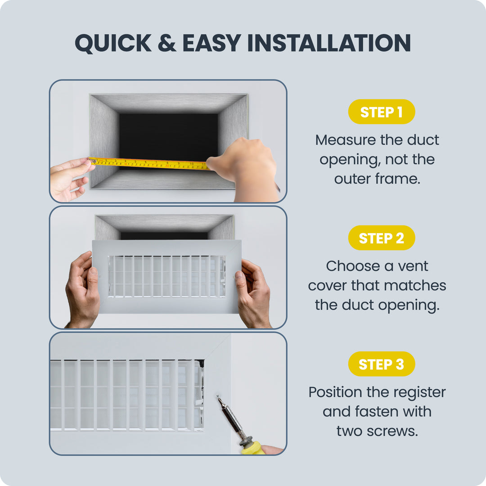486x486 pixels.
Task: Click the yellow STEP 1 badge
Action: coord(382,112)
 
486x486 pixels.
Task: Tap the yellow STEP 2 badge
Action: coord(382,238)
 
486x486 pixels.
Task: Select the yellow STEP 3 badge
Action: coord(382,364)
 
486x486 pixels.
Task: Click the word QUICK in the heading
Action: coord(113,43)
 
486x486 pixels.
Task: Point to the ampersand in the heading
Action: coord(167,43)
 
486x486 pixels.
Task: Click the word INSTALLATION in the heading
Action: coord(329,43)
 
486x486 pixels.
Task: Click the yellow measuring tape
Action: coord(149,164)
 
